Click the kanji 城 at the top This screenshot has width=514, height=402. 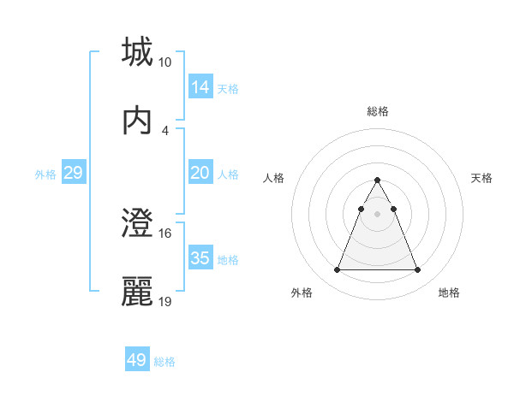138,52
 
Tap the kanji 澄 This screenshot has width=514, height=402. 138,223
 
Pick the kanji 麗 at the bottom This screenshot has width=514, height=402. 138,292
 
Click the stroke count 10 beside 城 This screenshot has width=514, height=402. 165,62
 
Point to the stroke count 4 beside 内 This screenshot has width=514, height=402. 165,130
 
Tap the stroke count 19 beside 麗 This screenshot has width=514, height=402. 165,302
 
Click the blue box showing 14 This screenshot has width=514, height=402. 200,87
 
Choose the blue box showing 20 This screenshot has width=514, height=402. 200,173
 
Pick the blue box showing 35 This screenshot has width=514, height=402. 200,258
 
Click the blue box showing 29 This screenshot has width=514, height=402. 73,173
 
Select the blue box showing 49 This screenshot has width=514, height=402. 136,360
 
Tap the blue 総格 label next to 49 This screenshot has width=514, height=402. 164,362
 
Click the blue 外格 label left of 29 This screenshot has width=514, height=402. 45,174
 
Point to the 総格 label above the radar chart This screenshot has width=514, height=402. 378,111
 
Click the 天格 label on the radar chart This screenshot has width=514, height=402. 482,178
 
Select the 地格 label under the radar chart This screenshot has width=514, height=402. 449,293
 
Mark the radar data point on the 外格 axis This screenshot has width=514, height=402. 337,270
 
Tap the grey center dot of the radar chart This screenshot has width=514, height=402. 377,214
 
